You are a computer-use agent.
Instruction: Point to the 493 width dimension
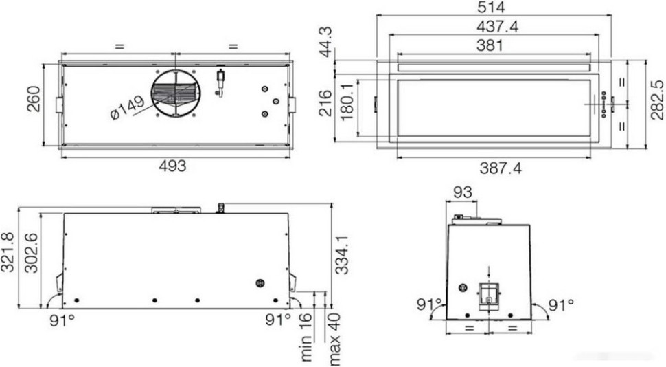click(173, 166)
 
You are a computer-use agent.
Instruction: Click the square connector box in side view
click(488, 293)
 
